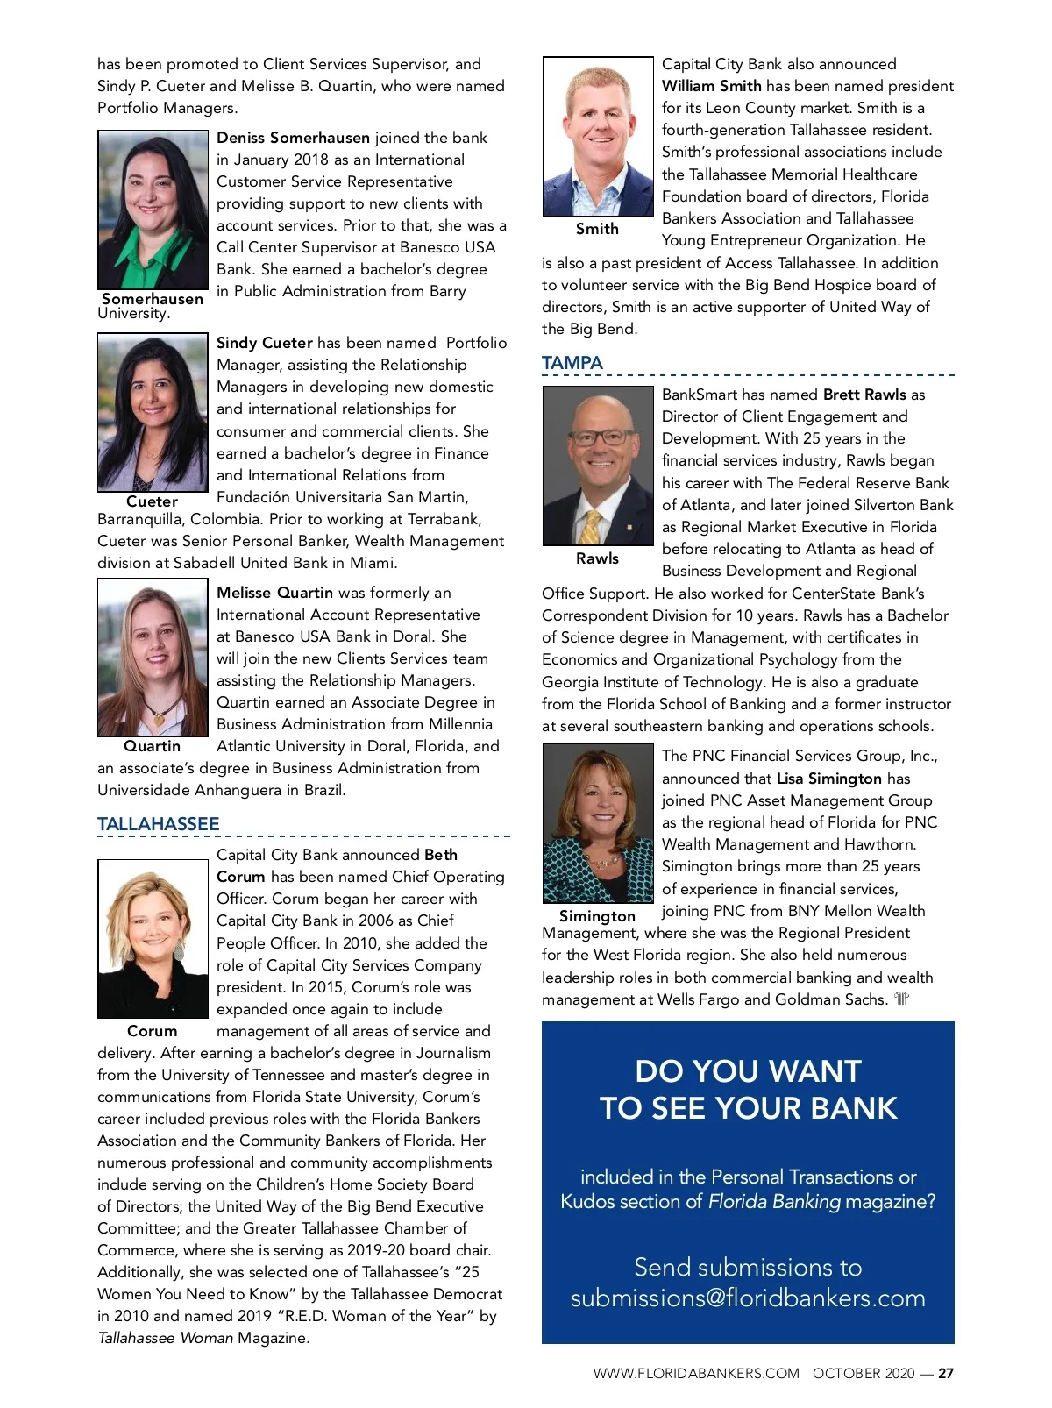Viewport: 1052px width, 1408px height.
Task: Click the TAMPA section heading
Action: coord(572,363)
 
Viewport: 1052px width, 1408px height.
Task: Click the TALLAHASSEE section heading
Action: coord(158,824)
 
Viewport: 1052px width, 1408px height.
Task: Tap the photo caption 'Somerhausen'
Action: coord(153,299)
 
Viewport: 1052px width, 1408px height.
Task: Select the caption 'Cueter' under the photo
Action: coord(152,501)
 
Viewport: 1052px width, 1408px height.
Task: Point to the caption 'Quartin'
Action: coord(152,746)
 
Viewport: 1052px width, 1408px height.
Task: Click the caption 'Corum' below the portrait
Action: coord(152,1031)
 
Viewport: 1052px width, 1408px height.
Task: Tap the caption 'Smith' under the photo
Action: coord(597,229)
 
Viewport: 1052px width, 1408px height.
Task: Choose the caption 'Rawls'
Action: coord(597,558)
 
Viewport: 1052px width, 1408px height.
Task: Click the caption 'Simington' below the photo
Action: coord(597,916)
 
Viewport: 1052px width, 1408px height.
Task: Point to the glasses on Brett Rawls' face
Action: coord(602,436)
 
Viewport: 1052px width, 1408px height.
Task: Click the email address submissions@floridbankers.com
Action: coord(748,1298)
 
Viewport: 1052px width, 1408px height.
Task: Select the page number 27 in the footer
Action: coord(946,1374)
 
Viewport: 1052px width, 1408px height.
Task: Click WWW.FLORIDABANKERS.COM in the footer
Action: coord(696,1374)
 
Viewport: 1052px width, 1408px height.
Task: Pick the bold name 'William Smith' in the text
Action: coord(711,86)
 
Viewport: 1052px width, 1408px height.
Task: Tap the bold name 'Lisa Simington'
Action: coord(828,779)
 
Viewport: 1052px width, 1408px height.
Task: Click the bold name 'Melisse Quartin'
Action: coord(274,593)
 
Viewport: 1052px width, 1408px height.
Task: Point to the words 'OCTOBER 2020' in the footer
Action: coord(863,1374)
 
